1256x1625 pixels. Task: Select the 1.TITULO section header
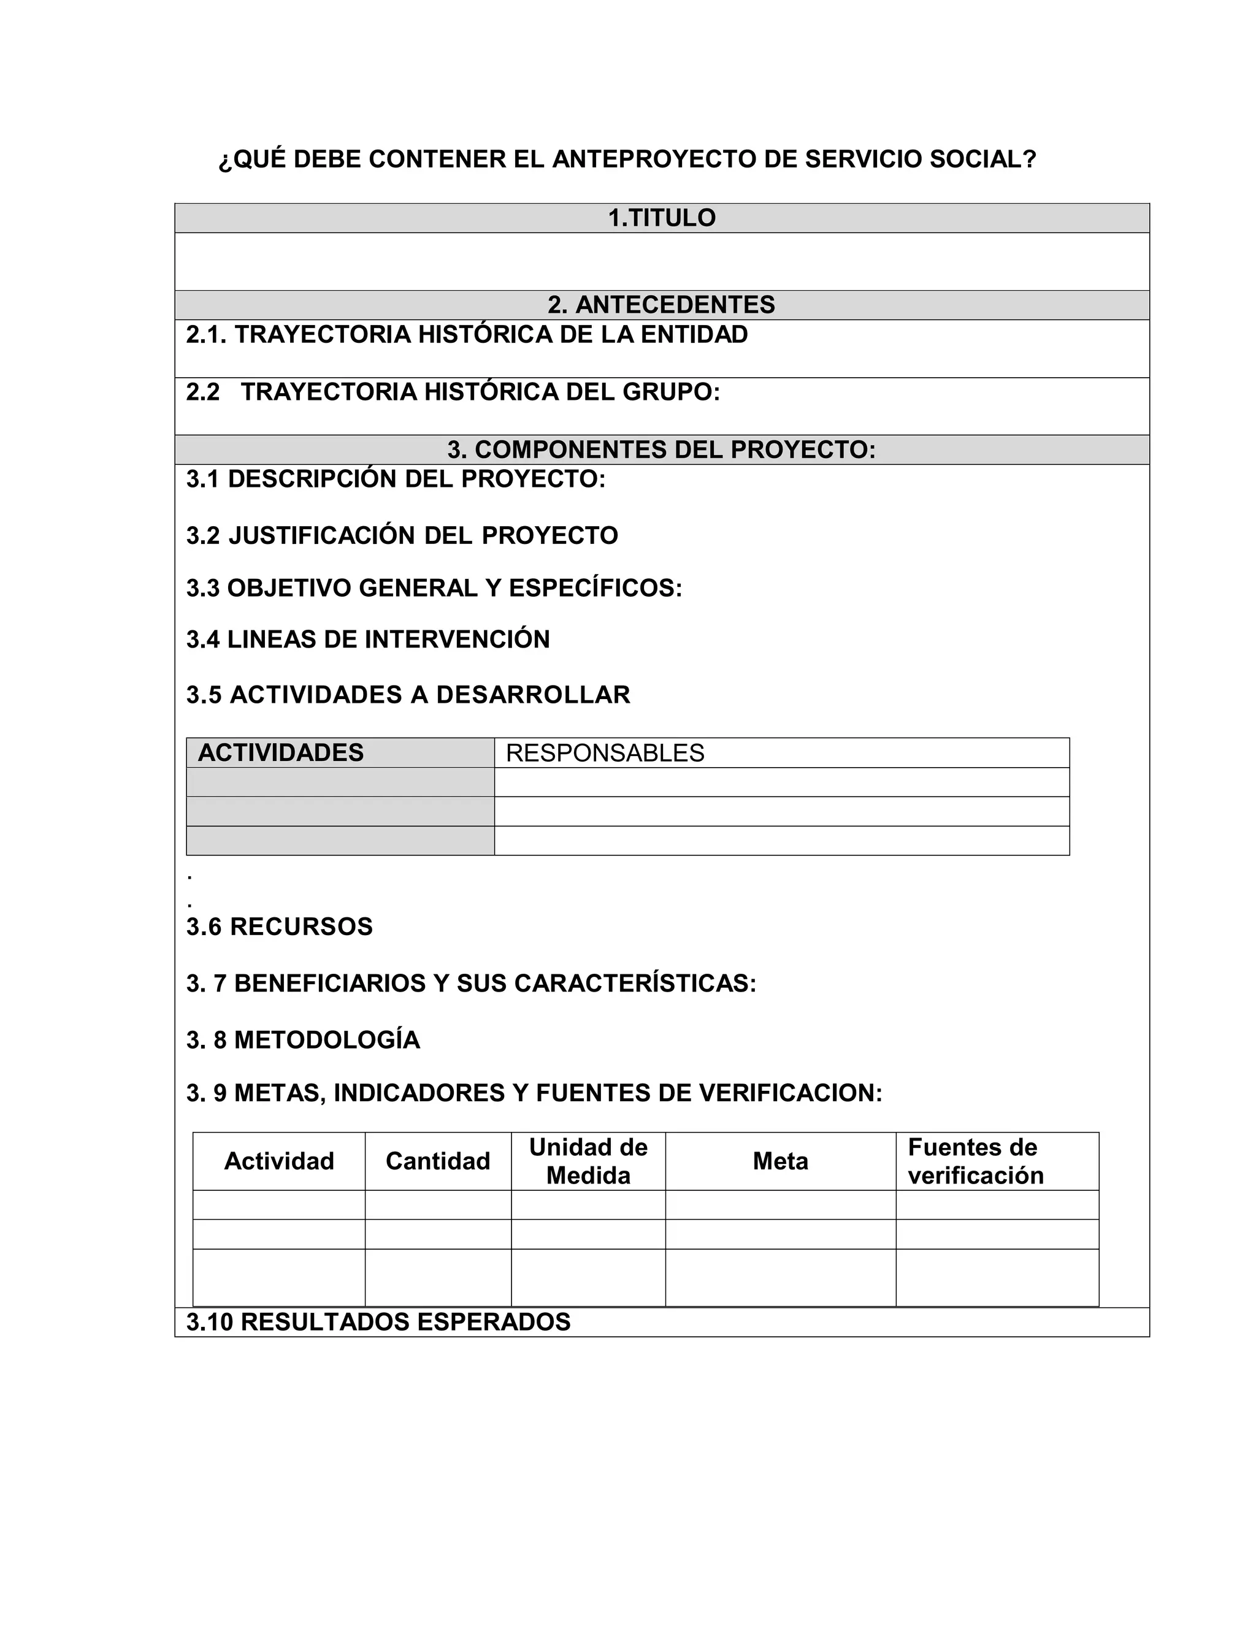[662, 218]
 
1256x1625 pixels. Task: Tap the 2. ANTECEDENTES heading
[662, 305]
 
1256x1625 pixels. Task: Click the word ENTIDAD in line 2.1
[694, 335]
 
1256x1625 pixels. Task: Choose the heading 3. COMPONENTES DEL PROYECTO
[662, 450]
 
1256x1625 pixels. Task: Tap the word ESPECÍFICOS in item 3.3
[595, 589]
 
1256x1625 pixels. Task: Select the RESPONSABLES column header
[605, 754]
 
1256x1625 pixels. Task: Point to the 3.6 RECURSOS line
[280, 927]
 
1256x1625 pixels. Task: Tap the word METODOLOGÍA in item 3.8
[327, 1040]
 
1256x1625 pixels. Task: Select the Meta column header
[781, 1161]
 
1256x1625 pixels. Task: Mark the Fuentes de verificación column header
[976, 1161]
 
